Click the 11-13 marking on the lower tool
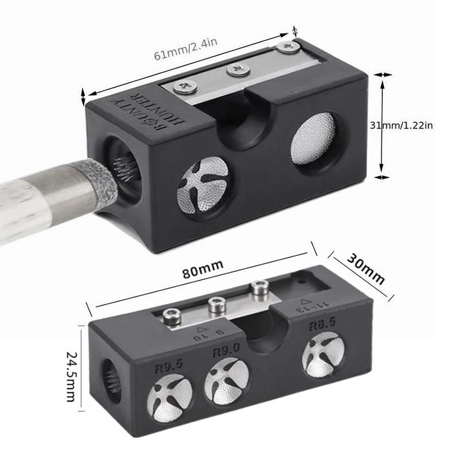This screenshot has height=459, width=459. [x=304, y=306]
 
